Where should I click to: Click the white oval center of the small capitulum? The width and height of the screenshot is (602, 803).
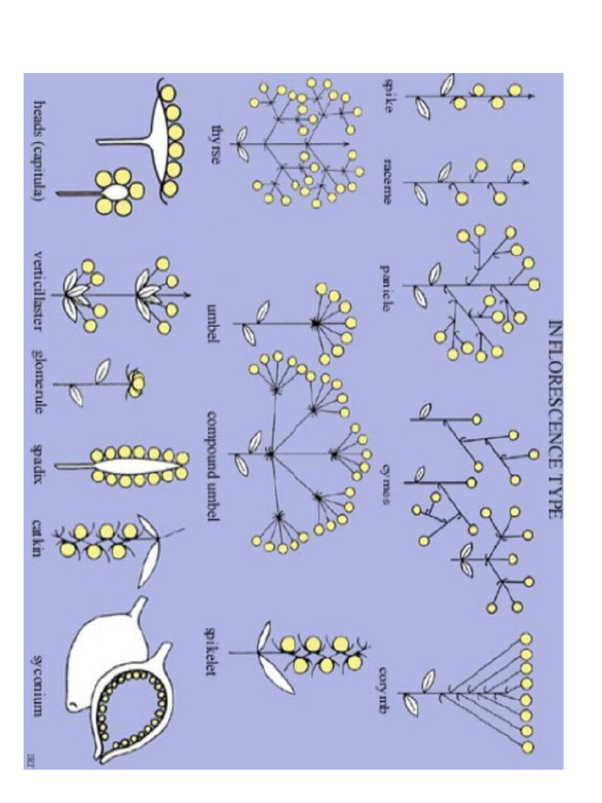pyautogui.click(x=116, y=191)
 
